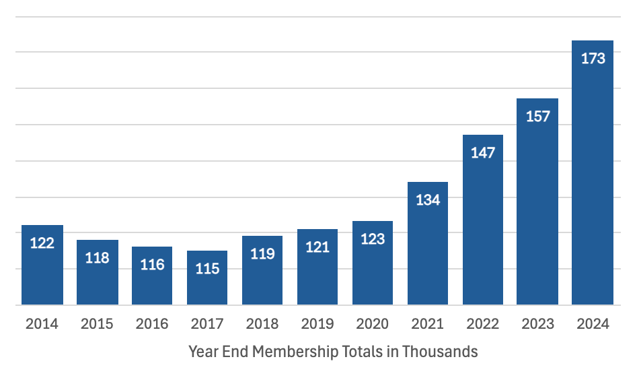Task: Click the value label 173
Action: pyautogui.click(x=593, y=59)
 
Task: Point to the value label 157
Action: pyautogui.click(x=537, y=117)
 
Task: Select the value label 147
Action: pyautogui.click(x=483, y=153)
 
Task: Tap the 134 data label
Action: pyautogui.click(x=428, y=200)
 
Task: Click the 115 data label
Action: pyautogui.click(x=207, y=269)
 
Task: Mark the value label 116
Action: pyautogui.click(x=152, y=265)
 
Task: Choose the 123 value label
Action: pyautogui.click(x=373, y=239)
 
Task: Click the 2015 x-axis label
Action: pyautogui.click(x=97, y=324)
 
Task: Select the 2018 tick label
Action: pyautogui.click(x=262, y=324)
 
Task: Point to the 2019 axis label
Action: pyautogui.click(x=317, y=324)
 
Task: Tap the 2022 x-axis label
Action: pyautogui.click(x=483, y=324)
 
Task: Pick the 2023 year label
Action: pyautogui.click(x=537, y=324)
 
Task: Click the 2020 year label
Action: pyautogui.click(x=373, y=324)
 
